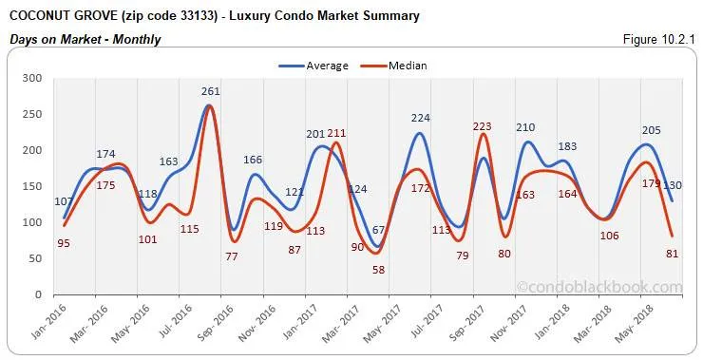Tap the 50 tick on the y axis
[x=34, y=258]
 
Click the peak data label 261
[x=211, y=92]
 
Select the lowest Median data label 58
[x=378, y=270]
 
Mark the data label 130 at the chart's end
[x=671, y=185]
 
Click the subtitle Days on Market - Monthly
[x=85, y=39]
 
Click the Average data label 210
[x=525, y=127]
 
